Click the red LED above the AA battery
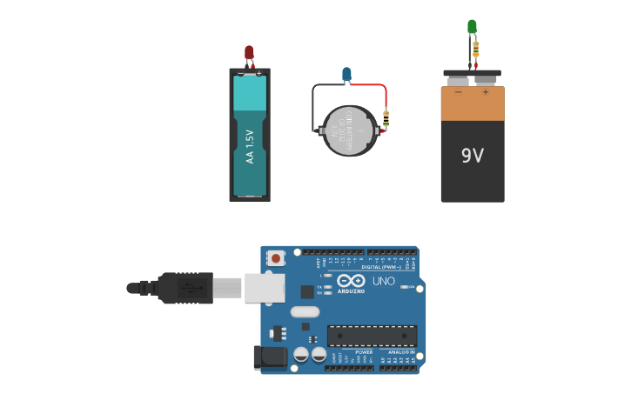tap(249, 52)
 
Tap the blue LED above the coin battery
tap(346, 74)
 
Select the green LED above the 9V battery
tap(472, 27)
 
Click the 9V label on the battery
tap(472, 156)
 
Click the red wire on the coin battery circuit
tap(370, 85)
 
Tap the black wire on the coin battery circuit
tap(314, 104)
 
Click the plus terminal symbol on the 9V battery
tap(485, 92)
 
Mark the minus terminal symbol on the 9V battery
tap(459, 92)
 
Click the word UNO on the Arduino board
tap(384, 281)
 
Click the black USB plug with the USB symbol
tap(185, 288)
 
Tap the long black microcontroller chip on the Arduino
tap(372, 336)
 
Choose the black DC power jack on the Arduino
tap(271, 357)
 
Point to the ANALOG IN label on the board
tap(400, 352)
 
